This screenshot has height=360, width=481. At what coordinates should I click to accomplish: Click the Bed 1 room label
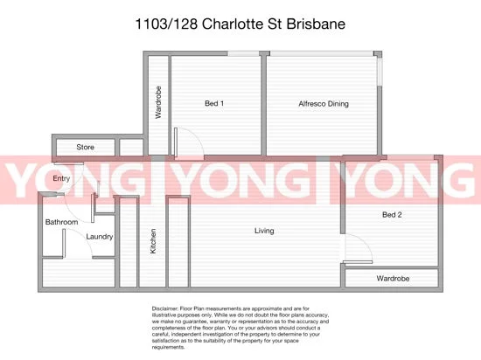click(x=214, y=104)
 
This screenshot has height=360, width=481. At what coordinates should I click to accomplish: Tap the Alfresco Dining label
click(x=323, y=104)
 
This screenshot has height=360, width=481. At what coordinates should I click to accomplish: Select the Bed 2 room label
click(x=392, y=214)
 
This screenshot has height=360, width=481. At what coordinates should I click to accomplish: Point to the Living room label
click(x=264, y=231)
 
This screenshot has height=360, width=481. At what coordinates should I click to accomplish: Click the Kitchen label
click(x=153, y=240)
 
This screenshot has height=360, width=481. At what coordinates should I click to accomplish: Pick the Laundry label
click(x=100, y=236)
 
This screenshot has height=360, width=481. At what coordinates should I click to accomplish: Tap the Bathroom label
click(x=62, y=223)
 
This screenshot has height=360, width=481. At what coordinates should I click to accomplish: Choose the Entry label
click(x=61, y=179)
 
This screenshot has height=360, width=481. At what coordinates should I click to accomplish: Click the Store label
click(x=85, y=147)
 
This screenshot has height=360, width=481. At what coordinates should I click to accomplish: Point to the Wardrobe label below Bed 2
click(x=394, y=280)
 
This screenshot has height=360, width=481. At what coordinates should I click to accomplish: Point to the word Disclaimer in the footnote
click(x=165, y=309)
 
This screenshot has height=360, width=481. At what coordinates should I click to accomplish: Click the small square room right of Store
click(x=131, y=147)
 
